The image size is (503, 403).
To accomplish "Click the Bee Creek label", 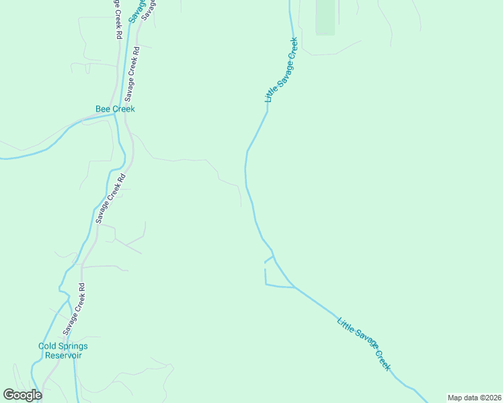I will pos(115,109).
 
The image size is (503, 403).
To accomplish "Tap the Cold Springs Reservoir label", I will pos(63,351).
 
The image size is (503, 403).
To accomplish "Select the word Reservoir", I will pos(63,355).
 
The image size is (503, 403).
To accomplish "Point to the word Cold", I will pos(48,346).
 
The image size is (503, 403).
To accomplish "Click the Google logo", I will pos(22,395).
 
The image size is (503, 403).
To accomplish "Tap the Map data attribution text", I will pos(474,397).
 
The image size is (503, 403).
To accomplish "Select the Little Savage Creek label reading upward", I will pos(281,70).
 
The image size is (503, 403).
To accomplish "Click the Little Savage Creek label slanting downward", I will pos(364,343).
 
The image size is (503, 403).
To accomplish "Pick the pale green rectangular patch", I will pos(325,17).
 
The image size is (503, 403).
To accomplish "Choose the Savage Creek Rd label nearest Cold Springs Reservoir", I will pos(75,309).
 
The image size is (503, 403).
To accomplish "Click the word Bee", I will pos(103,109).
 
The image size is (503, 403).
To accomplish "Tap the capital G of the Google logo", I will pos(9,395).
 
